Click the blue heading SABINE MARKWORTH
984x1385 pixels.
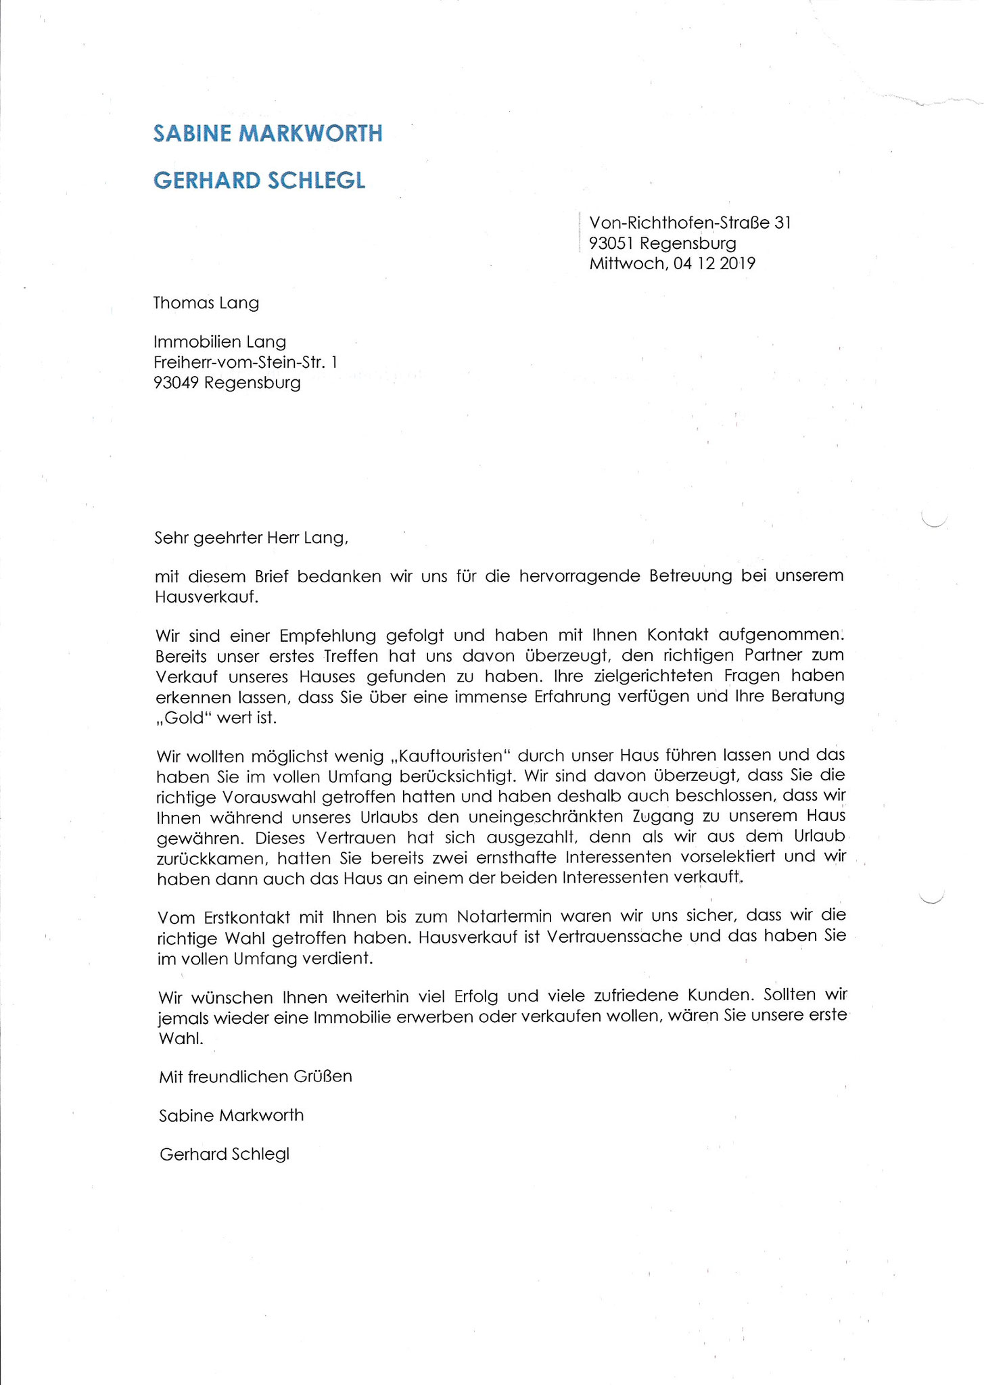click(268, 133)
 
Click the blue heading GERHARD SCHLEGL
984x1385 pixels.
click(259, 180)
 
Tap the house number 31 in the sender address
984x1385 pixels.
click(782, 222)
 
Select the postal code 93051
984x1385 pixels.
click(611, 243)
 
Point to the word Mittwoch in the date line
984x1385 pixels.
click(627, 263)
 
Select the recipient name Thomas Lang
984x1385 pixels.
click(206, 302)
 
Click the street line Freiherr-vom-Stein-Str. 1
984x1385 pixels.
click(245, 362)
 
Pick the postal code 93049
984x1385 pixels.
click(176, 383)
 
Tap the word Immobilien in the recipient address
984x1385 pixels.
click(191, 342)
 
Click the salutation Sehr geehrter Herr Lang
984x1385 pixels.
click(251, 538)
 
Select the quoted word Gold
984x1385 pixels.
click(185, 718)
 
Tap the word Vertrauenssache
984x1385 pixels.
click(617, 938)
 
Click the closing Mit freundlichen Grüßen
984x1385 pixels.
click(256, 1077)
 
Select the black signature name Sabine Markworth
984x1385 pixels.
click(231, 1115)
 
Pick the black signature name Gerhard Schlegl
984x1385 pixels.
click(225, 1154)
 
